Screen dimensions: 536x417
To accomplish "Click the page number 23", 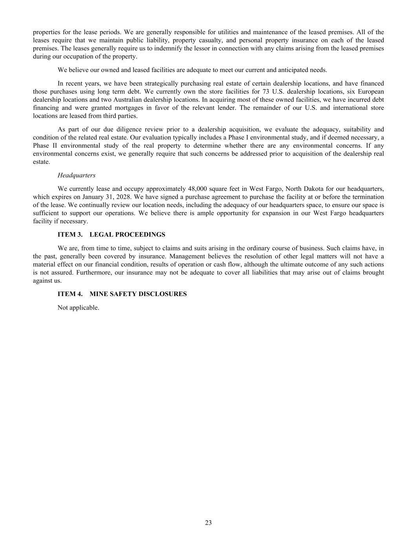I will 208,523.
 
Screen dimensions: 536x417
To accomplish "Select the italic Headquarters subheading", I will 76,175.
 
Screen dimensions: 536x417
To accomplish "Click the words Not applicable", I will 78,307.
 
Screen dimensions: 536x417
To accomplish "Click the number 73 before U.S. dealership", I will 266,91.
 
